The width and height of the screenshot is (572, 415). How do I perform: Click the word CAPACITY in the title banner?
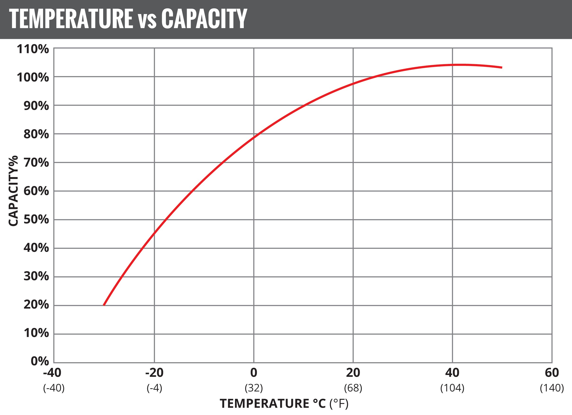[204, 19]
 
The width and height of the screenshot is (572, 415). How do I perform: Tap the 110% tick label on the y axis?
[33, 49]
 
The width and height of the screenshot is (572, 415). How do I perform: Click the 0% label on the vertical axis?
[40, 361]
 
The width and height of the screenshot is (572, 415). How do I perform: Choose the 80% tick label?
[36, 134]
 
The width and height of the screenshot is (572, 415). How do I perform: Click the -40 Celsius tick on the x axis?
[52, 373]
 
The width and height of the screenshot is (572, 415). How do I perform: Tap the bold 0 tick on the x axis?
[254, 373]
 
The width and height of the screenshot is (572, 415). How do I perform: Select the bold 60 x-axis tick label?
[552, 373]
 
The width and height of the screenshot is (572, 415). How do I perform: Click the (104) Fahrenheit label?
[452, 388]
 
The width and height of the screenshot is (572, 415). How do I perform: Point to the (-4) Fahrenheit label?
[154, 388]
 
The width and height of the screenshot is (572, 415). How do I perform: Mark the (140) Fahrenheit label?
[552, 388]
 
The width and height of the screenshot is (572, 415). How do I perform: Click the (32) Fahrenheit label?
[254, 388]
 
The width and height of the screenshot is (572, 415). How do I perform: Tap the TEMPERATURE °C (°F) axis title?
[284, 403]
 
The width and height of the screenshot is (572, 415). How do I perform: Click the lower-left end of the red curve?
[104, 305]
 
